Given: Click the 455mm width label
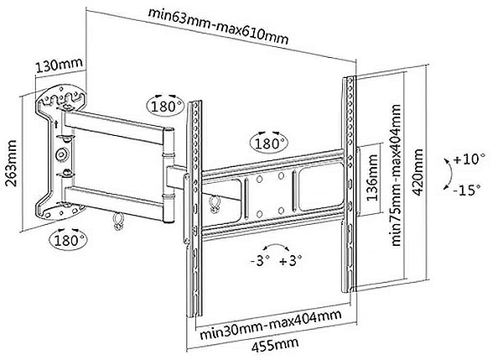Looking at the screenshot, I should click(x=272, y=344).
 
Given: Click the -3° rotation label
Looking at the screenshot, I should click(x=259, y=260).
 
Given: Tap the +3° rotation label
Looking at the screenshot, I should click(x=293, y=260).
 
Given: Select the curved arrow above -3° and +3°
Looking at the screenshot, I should click(x=276, y=245).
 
